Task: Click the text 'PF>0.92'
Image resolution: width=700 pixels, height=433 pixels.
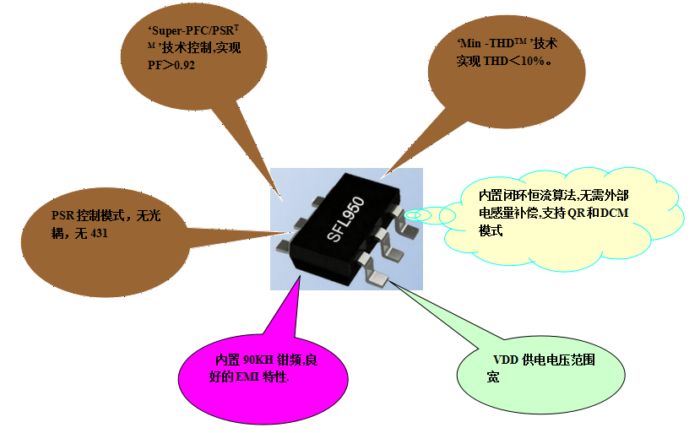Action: click(171, 65)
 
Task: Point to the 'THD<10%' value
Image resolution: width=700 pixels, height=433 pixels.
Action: click(513, 61)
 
